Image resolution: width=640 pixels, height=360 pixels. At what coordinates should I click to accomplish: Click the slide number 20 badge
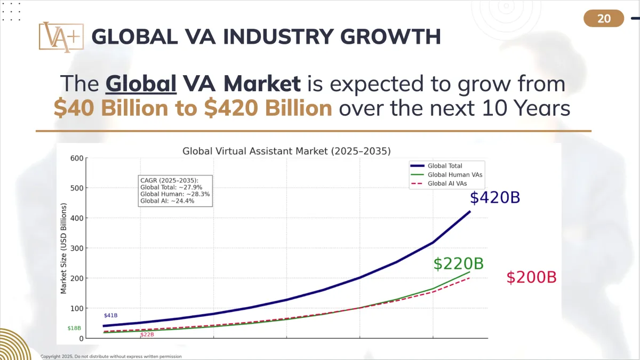click(x=604, y=19)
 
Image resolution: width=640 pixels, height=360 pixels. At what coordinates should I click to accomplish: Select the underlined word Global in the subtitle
click(x=141, y=84)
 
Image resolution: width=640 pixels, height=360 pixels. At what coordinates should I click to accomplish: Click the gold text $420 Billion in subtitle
click(x=268, y=108)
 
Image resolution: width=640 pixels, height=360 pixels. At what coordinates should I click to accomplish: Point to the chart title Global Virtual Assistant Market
click(x=286, y=151)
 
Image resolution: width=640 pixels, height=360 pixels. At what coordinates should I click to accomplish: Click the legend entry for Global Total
click(x=445, y=166)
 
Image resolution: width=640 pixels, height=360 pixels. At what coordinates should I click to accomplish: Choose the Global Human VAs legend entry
click(x=455, y=174)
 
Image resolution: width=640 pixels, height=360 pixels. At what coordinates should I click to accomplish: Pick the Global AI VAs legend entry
click(x=450, y=183)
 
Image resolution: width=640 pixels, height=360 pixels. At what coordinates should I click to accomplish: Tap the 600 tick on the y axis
click(x=77, y=158)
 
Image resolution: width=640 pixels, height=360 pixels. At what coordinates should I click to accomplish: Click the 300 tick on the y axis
click(x=77, y=248)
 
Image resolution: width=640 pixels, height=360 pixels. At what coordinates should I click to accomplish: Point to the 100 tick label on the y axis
click(x=77, y=308)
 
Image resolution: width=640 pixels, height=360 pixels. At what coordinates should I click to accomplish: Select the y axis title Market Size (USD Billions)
click(x=63, y=248)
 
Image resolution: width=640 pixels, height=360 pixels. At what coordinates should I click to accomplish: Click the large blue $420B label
click(x=494, y=198)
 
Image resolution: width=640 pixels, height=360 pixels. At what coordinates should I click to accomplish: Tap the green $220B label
click(x=458, y=263)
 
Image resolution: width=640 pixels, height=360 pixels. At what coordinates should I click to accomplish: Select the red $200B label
click(x=531, y=277)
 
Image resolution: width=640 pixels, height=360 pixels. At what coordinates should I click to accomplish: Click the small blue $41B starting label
click(x=111, y=316)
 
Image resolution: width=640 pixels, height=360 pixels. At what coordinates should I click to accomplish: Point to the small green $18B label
click(x=74, y=329)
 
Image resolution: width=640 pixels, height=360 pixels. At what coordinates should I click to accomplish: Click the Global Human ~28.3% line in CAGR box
click(x=175, y=194)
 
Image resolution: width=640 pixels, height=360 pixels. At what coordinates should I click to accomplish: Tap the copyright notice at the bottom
click(x=111, y=356)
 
